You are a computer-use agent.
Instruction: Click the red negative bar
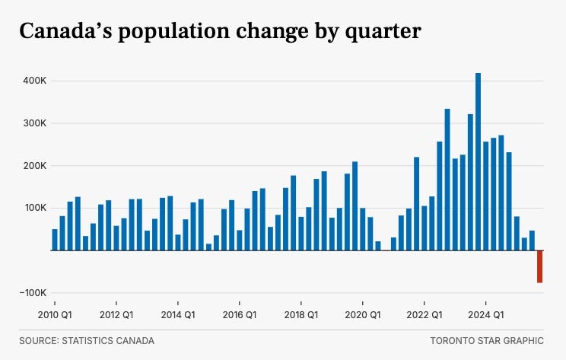coord(539,266)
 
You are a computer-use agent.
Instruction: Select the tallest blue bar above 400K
coord(478,162)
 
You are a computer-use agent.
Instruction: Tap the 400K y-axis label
coord(35,81)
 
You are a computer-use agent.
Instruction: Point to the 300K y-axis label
coord(35,123)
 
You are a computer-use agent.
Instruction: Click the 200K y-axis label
coord(35,166)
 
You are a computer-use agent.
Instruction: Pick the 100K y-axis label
coord(35,208)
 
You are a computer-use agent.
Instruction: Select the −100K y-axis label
coord(33,293)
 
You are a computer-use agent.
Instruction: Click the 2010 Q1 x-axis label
coord(55,315)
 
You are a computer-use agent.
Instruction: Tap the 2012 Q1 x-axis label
coord(116,315)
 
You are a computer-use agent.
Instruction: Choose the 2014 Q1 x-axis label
coord(178,315)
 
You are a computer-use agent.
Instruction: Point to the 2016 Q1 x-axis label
coord(240,315)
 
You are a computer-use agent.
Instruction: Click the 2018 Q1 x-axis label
coord(301,315)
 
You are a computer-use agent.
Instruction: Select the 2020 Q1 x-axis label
coord(363,315)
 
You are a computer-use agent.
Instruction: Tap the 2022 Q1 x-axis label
coord(424,315)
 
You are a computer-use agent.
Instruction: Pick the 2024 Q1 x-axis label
coord(486,315)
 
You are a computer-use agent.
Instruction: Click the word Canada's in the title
coord(66,30)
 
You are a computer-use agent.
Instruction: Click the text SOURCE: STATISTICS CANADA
coord(87,341)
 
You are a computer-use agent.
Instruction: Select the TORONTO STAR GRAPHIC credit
coord(487,341)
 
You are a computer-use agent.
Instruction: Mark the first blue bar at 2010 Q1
coord(55,240)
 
